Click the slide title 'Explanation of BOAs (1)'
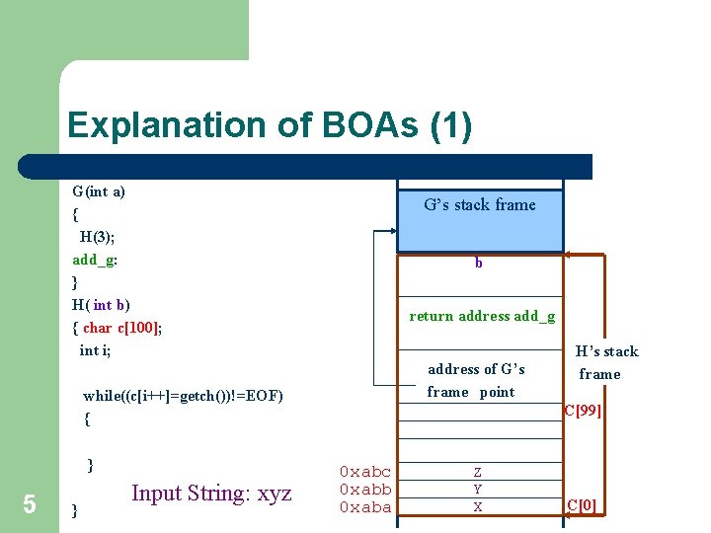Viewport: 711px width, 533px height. pos(270,125)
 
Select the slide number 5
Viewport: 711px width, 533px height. pos(30,504)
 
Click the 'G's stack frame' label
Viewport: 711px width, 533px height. pos(479,205)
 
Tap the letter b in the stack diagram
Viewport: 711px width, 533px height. pos(479,264)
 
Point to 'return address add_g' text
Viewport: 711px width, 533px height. pos(482,317)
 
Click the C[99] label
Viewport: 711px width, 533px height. pos(582,410)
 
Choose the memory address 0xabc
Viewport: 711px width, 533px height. pos(364,472)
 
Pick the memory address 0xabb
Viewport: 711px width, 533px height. pos(364,490)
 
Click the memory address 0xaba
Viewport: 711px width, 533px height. pos(364,507)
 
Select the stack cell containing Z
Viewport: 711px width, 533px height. pos(478,473)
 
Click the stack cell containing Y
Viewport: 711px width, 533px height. pos(478,490)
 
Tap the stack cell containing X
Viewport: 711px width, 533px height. pos(478,507)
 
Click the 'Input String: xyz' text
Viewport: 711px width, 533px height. pos(211,494)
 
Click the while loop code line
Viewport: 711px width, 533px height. pos(183,396)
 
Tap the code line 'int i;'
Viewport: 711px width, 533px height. pos(96,350)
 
